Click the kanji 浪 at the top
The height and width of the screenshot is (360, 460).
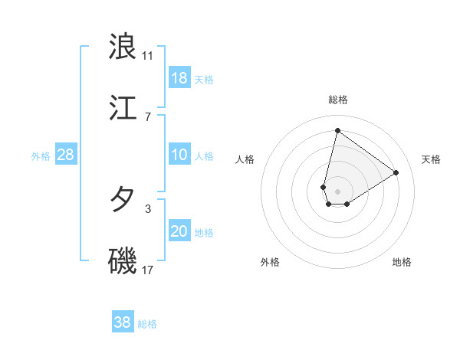click(123, 46)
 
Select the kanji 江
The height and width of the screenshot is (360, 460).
click(123, 108)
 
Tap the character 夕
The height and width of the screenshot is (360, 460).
click(123, 200)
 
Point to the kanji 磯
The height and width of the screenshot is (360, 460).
click(123, 261)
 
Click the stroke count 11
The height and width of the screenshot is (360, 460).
click(148, 55)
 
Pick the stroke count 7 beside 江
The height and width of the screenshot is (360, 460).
click(148, 116)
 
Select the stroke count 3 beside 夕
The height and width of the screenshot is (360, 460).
click(148, 208)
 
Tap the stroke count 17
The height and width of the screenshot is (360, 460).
click(148, 270)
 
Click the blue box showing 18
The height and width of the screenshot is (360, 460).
click(179, 78)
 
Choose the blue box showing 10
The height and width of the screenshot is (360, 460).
click(179, 155)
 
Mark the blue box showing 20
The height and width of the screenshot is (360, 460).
click(179, 231)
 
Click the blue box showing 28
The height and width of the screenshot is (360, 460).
click(66, 155)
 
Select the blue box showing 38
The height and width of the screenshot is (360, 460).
click(123, 322)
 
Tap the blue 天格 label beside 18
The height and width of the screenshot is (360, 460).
click(204, 80)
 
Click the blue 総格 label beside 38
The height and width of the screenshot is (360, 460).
click(147, 324)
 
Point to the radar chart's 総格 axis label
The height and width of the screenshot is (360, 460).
click(338, 100)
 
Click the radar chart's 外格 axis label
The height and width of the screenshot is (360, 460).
click(270, 262)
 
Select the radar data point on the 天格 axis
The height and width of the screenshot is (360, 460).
click(396, 172)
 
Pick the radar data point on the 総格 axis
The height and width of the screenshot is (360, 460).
click(337, 130)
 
